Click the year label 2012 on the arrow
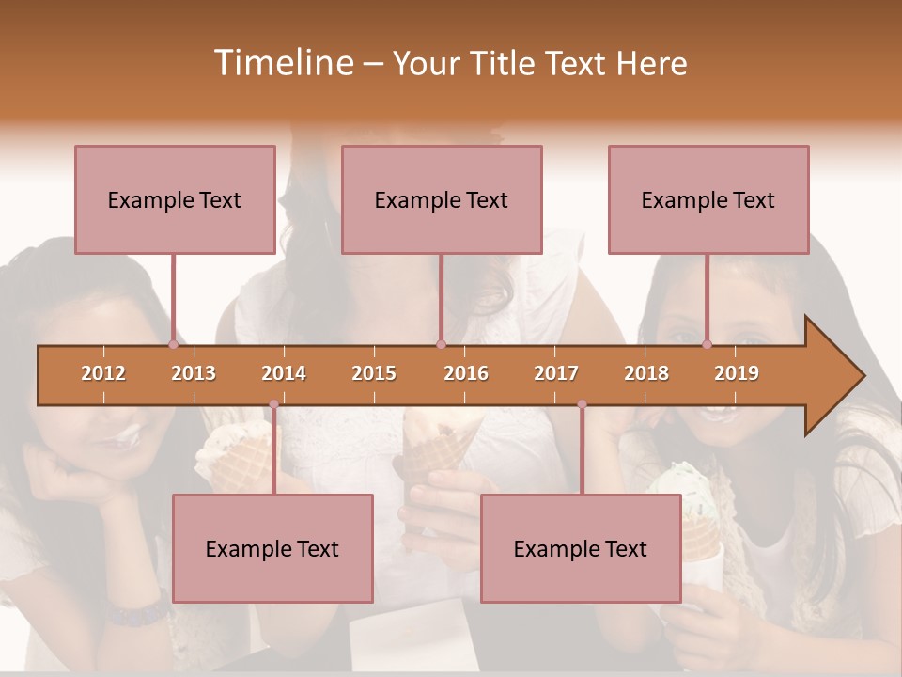(x=103, y=373)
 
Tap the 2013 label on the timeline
(x=194, y=373)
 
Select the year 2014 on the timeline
(x=284, y=373)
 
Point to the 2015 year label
(x=374, y=373)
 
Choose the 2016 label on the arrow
(x=466, y=373)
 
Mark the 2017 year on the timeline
(x=556, y=373)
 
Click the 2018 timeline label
(x=646, y=373)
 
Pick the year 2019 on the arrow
(x=737, y=373)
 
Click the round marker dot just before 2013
(x=173, y=344)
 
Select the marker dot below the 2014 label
(x=273, y=404)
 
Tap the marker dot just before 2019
(x=707, y=344)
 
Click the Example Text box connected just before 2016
(x=442, y=199)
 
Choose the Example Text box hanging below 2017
(x=581, y=548)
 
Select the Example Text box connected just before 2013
(x=175, y=199)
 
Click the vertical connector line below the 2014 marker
(x=273, y=451)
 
